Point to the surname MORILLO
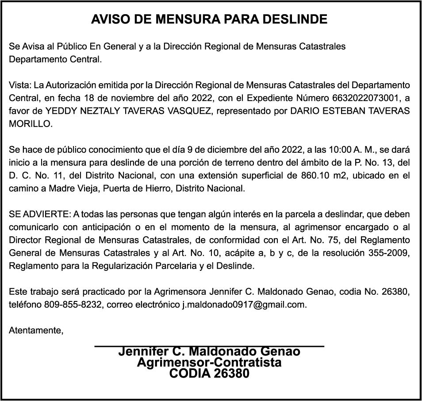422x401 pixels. [31, 124]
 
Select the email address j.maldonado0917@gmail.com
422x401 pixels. [244, 305]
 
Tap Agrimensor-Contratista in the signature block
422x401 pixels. [209, 362]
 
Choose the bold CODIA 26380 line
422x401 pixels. [209, 374]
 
